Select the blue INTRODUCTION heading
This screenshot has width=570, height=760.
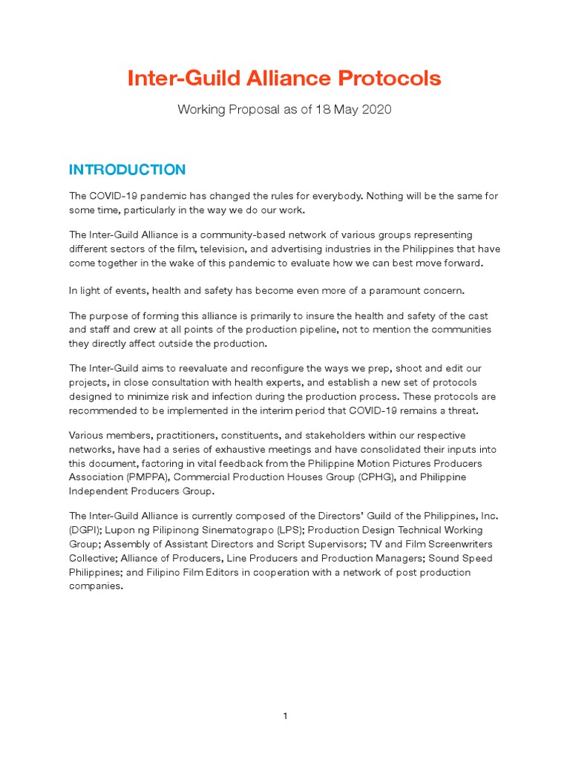[x=127, y=170]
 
